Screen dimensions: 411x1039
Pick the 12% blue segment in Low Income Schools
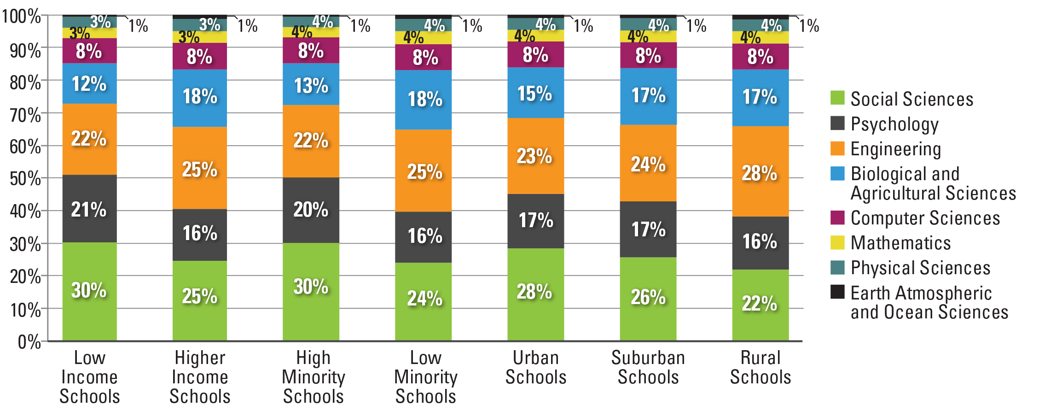click(x=89, y=83)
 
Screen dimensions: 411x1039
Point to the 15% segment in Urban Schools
click(x=535, y=93)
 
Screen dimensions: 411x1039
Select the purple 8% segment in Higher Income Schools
click(x=200, y=56)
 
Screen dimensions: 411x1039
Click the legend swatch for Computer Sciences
click(x=837, y=218)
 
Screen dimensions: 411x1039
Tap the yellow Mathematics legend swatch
click(x=837, y=243)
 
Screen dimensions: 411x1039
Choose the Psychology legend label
click(x=894, y=124)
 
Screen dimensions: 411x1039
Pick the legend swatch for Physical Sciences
click(x=837, y=268)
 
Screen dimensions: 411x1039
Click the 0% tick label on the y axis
click(x=29, y=342)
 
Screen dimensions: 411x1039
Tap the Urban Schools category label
click(x=536, y=367)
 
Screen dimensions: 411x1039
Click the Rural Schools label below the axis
click(x=760, y=367)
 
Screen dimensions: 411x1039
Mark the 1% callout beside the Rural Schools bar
click(x=809, y=25)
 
